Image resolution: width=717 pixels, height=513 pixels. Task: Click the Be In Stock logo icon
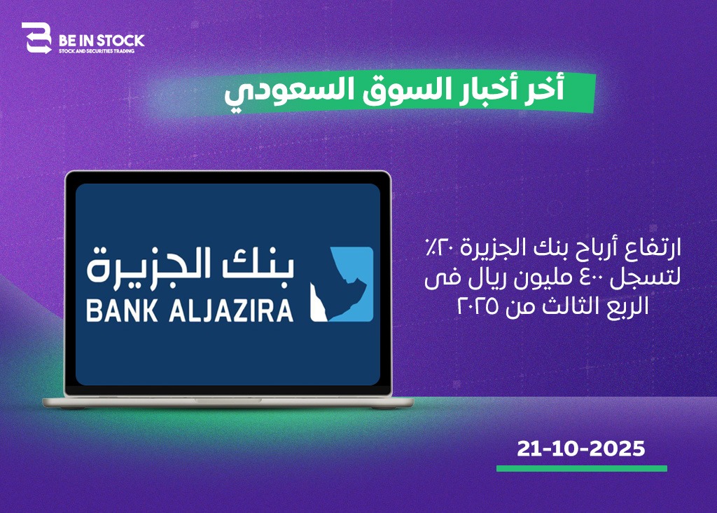pyautogui.click(x=36, y=38)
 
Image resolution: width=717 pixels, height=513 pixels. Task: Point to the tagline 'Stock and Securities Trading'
pyautogui.click(x=97, y=50)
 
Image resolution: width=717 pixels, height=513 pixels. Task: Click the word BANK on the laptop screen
pyautogui.click(x=122, y=310)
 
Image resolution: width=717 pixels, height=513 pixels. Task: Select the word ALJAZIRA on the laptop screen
pyautogui.click(x=231, y=310)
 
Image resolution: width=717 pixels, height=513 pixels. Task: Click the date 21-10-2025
pyautogui.click(x=580, y=449)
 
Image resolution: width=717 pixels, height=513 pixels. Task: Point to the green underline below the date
pyautogui.click(x=582, y=468)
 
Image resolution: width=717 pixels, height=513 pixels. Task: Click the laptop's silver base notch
pyautogui.click(x=228, y=400)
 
